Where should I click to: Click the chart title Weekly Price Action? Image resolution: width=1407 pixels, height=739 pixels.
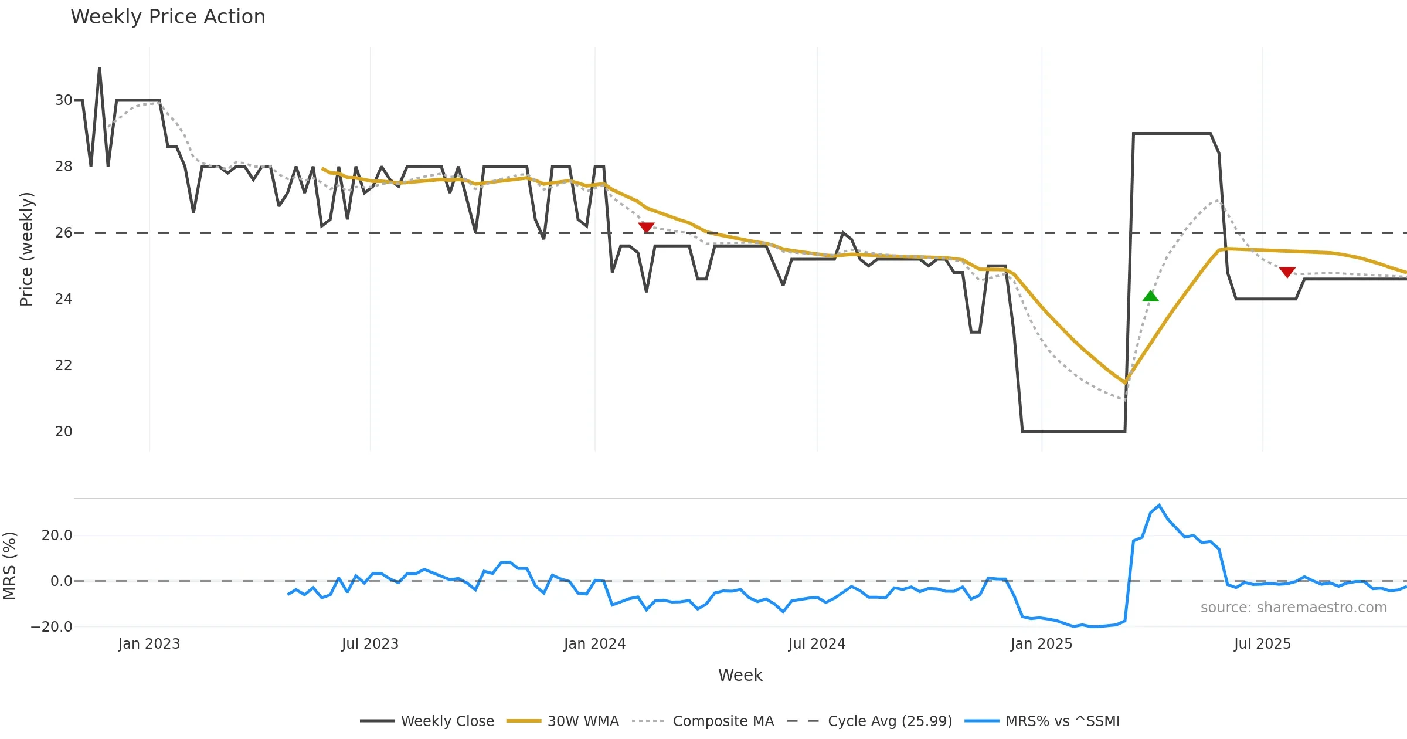(x=168, y=17)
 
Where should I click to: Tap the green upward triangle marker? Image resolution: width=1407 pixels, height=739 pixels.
(x=1150, y=296)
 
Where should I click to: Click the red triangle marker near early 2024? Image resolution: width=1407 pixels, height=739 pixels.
(x=646, y=227)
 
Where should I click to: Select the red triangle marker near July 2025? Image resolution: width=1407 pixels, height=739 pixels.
(x=1287, y=272)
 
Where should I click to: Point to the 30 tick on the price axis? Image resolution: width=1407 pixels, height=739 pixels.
(x=63, y=100)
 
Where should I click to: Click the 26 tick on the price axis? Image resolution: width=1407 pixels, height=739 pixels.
(x=63, y=233)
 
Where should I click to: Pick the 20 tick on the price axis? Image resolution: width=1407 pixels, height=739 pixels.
(x=63, y=432)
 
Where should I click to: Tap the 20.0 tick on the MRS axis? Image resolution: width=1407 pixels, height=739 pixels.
(x=57, y=535)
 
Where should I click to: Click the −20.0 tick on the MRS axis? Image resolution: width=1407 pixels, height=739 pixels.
(x=52, y=626)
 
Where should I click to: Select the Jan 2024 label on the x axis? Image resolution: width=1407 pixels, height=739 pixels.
(x=594, y=644)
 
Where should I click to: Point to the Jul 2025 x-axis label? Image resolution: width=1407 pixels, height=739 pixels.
(x=1262, y=644)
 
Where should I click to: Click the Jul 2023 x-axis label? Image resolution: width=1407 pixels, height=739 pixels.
(x=370, y=644)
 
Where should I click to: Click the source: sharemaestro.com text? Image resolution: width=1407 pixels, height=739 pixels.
(x=1293, y=608)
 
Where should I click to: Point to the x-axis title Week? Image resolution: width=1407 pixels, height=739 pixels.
(x=740, y=675)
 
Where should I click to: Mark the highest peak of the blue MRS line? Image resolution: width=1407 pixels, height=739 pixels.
(x=1159, y=505)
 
